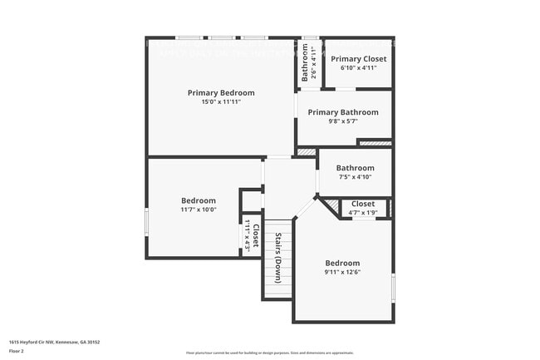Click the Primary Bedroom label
click(221, 92)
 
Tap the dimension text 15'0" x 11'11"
click(221, 101)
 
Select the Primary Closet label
click(358, 59)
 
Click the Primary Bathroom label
click(343, 112)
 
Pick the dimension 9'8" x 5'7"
click(343, 121)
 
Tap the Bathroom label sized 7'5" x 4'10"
click(355, 168)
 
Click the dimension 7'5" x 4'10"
click(355, 176)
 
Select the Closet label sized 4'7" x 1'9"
click(363, 204)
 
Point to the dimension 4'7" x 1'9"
click(363, 212)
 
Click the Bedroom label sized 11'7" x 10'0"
click(199, 200)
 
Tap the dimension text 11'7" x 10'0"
click(199, 210)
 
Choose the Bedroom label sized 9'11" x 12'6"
click(342, 263)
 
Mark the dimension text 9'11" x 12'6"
click(342, 272)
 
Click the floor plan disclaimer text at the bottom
click(270, 353)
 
